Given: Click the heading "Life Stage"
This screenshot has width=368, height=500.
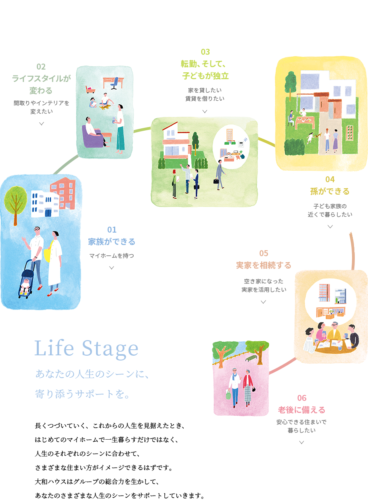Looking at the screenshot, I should point(86,349).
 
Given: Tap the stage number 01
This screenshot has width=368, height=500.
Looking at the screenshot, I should point(112,229).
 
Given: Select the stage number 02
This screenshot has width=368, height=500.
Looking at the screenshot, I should point(41,66).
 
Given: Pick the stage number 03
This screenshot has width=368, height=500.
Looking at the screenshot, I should point(205,52).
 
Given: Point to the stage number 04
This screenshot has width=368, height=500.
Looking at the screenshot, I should point(330,179).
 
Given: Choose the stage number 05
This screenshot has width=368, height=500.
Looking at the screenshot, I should point(264,253).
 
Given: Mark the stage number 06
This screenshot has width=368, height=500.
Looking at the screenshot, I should point(302,398).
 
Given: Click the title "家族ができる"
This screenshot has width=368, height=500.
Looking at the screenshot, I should point(112,242).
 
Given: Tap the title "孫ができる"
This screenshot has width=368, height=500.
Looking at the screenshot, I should point(330,191).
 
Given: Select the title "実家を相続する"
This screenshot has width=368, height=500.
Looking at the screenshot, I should point(264,265).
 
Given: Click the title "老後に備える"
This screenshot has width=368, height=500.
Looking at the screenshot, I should point(302,410).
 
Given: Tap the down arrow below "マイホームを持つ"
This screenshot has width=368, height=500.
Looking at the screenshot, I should point(112,267).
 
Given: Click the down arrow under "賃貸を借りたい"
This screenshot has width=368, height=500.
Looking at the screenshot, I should point(205,111).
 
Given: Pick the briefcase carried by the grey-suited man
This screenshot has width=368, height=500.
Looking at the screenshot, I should point(216,181).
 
